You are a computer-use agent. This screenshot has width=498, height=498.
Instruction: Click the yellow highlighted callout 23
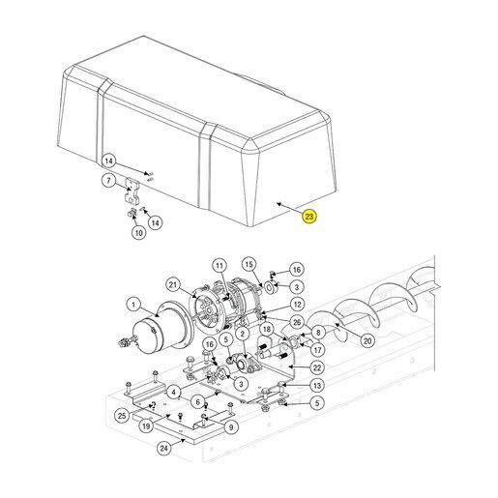click(x=309, y=217)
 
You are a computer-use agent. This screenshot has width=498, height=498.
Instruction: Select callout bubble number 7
click(x=108, y=180)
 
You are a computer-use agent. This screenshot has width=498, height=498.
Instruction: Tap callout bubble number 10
click(x=138, y=232)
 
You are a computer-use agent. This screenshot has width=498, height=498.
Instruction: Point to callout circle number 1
click(x=133, y=305)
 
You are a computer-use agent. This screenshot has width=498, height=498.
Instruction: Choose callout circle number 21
click(x=173, y=285)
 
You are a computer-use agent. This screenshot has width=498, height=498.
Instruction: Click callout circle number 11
click(x=220, y=266)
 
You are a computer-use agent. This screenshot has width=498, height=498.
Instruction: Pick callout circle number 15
click(x=249, y=264)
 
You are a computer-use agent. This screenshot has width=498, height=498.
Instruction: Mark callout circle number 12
click(x=297, y=305)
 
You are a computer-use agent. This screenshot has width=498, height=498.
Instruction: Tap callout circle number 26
click(x=297, y=322)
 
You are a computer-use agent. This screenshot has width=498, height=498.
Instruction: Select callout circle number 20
click(x=367, y=340)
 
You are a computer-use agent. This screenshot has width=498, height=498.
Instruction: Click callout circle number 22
click(x=317, y=367)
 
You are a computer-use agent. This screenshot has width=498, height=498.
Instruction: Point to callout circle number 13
click(x=317, y=385)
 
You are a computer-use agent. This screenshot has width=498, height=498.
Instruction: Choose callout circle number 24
click(x=164, y=448)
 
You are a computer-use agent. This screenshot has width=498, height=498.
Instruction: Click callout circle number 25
click(x=122, y=416)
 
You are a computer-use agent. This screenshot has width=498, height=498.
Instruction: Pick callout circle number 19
click(x=146, y=426)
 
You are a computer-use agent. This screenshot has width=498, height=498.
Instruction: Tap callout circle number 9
click(x=231, y=427)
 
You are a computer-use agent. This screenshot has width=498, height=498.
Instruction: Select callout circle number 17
click(x=317, y=350)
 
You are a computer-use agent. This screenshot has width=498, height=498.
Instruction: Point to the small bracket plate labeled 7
click(x=132, y=190)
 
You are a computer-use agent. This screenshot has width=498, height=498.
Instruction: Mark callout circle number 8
click(x=318, y=333)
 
